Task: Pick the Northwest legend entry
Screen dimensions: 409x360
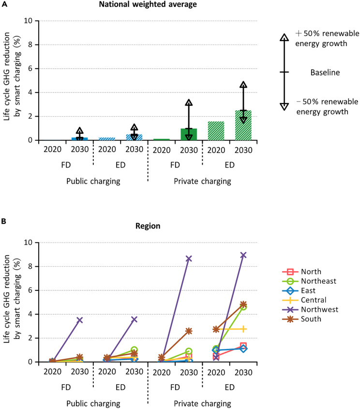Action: (310, 309)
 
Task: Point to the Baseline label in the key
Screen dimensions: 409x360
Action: (325, 73)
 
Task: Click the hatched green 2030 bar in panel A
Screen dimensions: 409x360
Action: (243, 125)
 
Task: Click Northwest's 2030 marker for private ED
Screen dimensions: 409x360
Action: (243, 255)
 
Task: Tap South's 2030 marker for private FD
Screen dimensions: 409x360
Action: (189, 331)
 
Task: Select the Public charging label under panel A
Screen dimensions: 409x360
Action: (93, 182)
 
